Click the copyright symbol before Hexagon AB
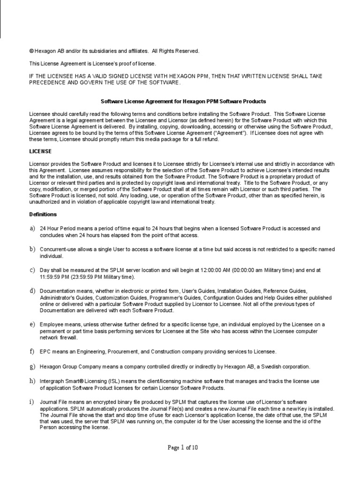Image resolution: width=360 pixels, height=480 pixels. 31,51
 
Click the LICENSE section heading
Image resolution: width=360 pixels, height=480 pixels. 40,151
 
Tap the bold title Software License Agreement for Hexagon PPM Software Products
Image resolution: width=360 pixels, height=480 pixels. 184,101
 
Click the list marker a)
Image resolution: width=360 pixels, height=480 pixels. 32,228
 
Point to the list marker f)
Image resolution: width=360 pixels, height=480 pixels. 32,351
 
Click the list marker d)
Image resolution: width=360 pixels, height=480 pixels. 32,291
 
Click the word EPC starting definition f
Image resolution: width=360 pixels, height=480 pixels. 45,352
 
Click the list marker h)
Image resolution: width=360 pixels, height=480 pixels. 32,381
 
